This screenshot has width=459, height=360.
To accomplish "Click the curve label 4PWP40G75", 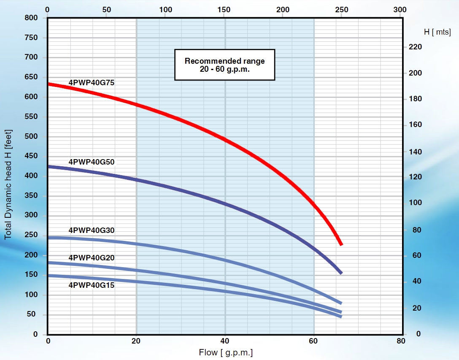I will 92,83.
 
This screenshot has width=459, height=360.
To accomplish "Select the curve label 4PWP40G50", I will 92,162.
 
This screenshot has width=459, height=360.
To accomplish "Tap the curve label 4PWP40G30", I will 92,230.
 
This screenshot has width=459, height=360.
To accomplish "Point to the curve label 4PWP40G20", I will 92,257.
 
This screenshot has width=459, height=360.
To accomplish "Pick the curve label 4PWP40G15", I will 92,285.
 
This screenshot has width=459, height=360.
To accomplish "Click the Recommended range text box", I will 224,65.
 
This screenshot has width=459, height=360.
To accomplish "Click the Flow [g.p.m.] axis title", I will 226,352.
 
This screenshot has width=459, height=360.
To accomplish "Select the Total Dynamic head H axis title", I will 8,184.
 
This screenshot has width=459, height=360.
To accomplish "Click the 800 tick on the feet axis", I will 31,18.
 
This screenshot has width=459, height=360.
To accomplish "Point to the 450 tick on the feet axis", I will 31,156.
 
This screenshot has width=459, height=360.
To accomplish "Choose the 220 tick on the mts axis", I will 416,47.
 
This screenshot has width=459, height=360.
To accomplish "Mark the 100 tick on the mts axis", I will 416,203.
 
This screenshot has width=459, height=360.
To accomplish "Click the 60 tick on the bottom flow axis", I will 313,341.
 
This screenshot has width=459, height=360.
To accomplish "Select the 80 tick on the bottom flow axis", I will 401,341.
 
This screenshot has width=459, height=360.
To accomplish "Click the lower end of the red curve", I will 341,244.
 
